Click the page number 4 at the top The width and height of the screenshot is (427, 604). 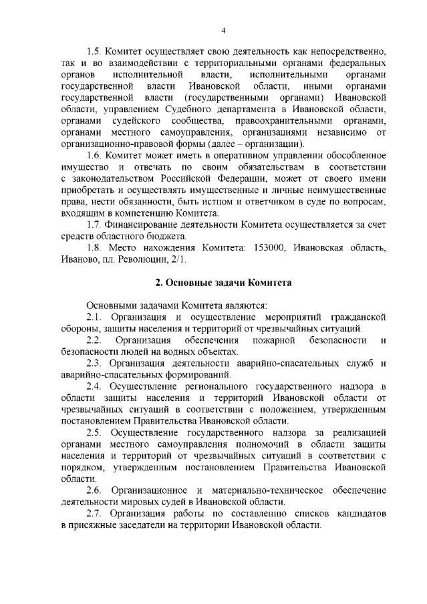(x=223, y=29)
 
